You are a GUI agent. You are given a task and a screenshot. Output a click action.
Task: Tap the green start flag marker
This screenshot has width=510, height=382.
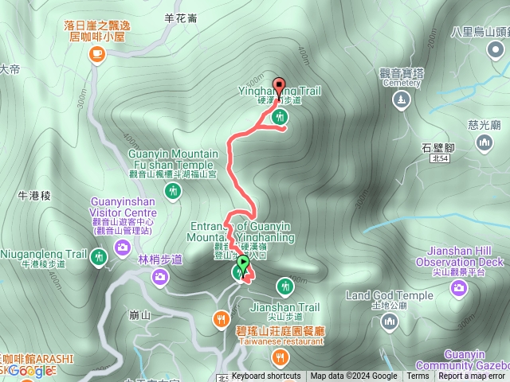point(243,262)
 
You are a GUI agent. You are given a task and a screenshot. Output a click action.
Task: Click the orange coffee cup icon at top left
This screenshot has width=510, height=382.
point(97,53)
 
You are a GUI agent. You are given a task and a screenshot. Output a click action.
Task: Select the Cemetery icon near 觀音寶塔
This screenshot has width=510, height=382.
point(400,100)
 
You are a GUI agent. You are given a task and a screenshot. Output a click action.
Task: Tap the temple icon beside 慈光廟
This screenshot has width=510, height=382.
point(484,142)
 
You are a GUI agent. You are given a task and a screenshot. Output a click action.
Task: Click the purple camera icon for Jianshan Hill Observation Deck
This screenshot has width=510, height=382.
point(458,286)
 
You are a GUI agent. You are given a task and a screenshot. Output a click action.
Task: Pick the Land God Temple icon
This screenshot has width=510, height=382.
point(389,321)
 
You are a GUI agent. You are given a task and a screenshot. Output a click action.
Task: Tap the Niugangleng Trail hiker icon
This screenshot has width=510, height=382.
point(98,256)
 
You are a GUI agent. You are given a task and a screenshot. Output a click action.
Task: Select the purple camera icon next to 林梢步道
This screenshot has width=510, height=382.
point(160,275)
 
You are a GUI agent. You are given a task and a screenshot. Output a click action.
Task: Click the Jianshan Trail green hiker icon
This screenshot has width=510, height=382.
point(286,286)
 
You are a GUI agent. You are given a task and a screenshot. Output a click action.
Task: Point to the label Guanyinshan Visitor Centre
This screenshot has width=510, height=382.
point(124,207)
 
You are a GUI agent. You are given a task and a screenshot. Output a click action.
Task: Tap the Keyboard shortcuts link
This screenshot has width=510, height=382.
point(266,376)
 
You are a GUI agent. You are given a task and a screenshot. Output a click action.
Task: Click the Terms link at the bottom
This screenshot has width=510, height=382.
point(418,376)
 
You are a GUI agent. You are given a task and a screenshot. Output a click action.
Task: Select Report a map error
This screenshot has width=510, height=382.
point(472,376)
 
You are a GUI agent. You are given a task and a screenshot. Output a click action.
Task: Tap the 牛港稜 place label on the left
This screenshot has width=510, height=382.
point(33,194)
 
